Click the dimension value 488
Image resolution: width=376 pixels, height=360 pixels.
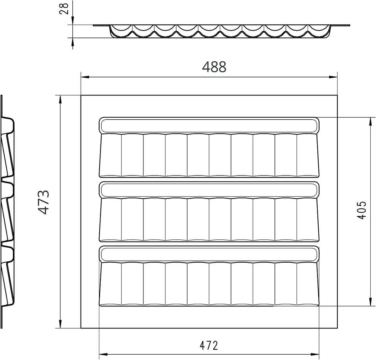pyautogui.click(x=214, y=67)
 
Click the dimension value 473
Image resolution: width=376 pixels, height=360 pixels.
pyautogui.click(x=44, y=203)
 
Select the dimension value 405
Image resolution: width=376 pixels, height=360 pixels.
pyautogui.click(x=361, y=210)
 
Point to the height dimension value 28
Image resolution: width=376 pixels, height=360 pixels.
pyautogui.click(x=64, y=9)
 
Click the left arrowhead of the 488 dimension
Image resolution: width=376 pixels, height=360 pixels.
pyautogui.click(x=85, y=77)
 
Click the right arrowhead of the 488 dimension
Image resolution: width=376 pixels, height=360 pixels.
pyautogui.click(x=333, y=77)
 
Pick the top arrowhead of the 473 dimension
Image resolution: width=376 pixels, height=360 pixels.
pyautogui.click(x=60, y=100)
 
